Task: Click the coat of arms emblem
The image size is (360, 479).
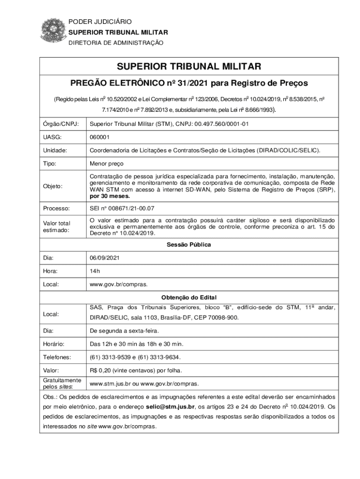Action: click(52, 31)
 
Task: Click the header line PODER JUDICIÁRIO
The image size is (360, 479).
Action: click(100, 22)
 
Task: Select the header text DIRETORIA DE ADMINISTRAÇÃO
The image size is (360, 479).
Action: click(116, 43)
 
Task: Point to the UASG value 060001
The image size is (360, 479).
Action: click(100, 137)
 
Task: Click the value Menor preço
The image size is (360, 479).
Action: click(107, 164)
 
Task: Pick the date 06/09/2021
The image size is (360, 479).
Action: click(105, 258)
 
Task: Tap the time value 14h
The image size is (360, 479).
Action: click(95, 271)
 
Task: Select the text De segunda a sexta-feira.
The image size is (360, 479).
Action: click(124, 331)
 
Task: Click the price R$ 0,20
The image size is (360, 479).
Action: click(103, 370)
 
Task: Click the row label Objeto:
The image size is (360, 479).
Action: click(53, 186)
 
